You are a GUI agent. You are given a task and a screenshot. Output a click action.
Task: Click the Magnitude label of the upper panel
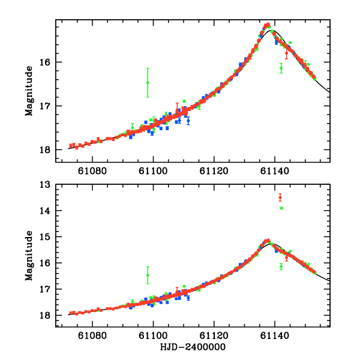coord(28,91)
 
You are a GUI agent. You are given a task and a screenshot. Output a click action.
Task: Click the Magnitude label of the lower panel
coord(28,256)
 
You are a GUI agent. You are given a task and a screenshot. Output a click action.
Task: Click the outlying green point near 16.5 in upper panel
coord(148,83)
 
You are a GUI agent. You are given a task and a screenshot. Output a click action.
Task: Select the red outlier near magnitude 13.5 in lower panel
coord(280,197)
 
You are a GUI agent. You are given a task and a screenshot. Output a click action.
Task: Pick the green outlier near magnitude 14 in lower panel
coord(281,208)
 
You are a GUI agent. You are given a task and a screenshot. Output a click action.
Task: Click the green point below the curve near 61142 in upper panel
coord(281,68)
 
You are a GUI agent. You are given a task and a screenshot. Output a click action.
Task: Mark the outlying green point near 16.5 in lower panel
coord(148,275)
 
